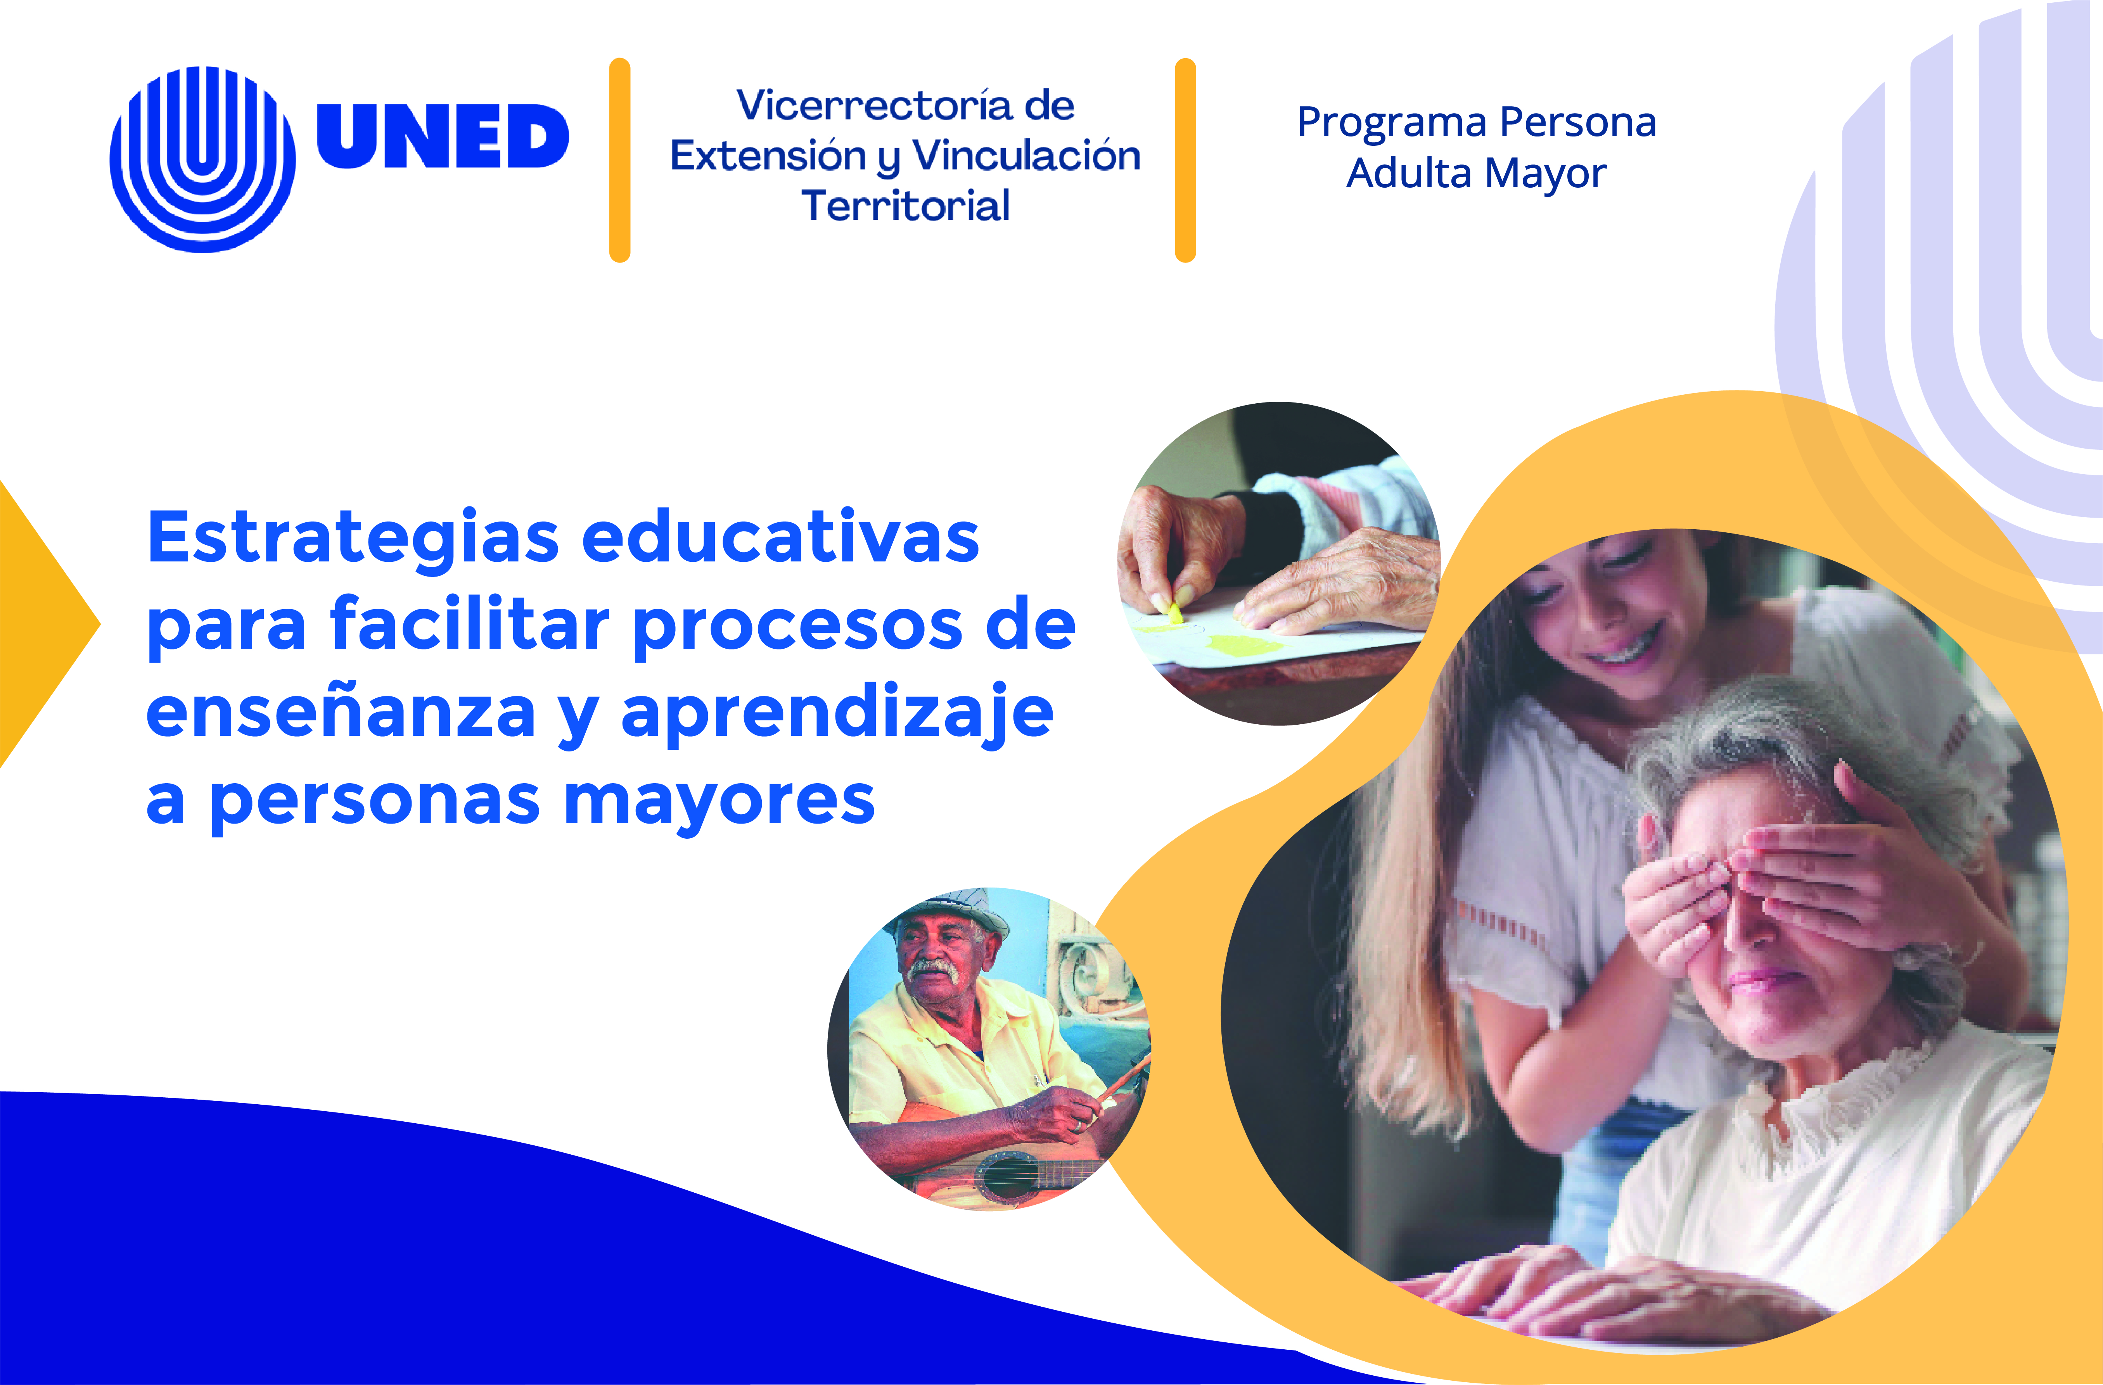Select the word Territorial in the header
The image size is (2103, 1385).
[x=906, y=206]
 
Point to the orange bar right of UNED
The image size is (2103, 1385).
[x=619, y=160]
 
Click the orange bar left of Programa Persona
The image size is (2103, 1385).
[x=1185, y=160]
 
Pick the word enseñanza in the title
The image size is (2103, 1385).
[x=341, y=712]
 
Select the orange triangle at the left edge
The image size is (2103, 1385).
[x=44, y=623]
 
